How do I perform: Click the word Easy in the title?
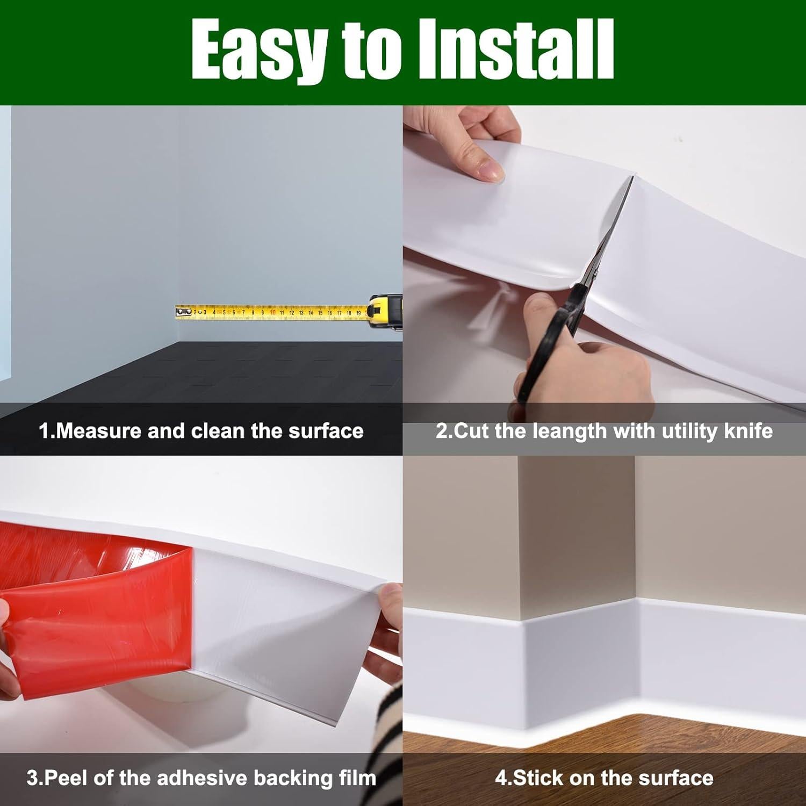point(258,51)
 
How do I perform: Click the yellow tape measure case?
point(386,312)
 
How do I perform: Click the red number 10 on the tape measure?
point(272,312)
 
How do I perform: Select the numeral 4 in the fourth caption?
point(500,778)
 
